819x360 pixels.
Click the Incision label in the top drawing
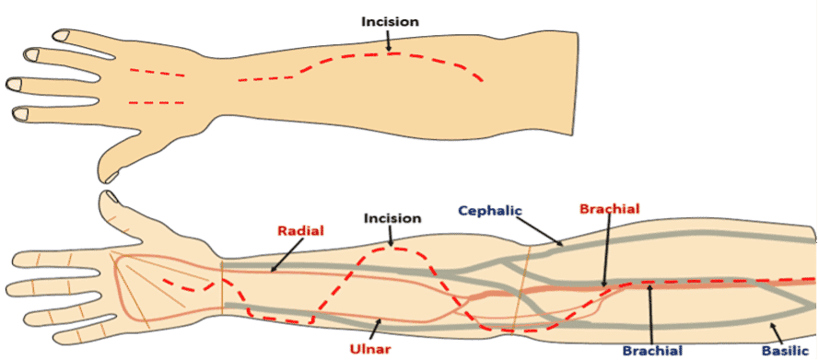(391, 22)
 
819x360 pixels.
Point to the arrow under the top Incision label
(388, 41)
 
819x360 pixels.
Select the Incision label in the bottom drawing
(392, 218)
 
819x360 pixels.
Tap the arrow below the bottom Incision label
(391, 236)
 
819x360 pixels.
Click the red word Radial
(301, 230)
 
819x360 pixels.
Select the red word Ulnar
(371, 349)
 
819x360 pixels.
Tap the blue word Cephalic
(490, 210)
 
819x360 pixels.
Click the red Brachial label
(610, 209)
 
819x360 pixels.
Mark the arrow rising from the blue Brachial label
(650, 313)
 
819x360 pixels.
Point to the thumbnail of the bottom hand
(111, 197)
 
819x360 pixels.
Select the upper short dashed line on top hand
(158, 72)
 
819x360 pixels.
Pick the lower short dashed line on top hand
(157, 102)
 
